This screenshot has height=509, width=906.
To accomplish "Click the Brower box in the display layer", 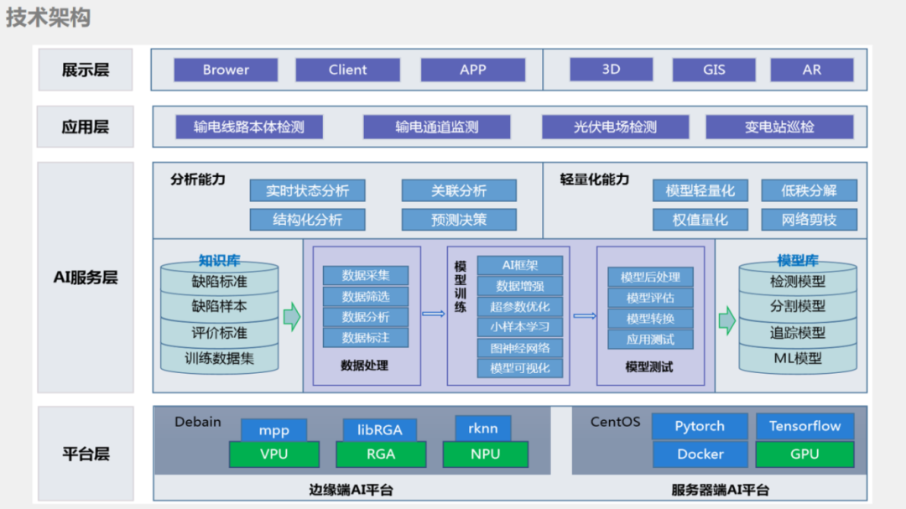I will click(x=226, y=70).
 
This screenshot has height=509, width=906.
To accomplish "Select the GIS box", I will click(x=714, y=70).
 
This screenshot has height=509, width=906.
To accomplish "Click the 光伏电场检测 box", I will click(x=615, y=127).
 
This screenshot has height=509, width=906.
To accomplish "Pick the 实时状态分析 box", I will click(x=307, y=190).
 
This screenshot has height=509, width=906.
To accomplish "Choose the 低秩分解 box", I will click(x=809, y=190).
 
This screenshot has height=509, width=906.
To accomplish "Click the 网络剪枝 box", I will click(x=809, y=220).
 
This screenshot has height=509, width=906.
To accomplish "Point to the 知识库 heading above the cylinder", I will click(x=219, y=260).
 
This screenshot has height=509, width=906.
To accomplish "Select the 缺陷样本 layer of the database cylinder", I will click(x=219, y=306).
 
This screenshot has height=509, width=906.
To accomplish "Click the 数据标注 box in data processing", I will click(x=365, y=338).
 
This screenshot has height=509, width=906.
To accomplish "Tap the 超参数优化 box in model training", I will click(x=519, y=306).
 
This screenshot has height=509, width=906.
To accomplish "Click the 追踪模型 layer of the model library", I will click(x=797, y=332).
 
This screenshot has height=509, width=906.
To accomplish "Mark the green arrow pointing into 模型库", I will click(x=726, y=319).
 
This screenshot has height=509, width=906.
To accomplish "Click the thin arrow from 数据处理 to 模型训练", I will click(x=433, y=314).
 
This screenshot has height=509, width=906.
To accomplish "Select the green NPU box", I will click(x=485, y=454).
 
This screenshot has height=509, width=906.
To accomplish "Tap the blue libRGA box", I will click(x=379, y=429).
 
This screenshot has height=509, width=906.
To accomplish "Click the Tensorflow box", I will click(x=804, y=426).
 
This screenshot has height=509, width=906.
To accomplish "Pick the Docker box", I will click(x=700, y=454).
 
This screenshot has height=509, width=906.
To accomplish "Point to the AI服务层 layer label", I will click(x=86, y=278).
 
